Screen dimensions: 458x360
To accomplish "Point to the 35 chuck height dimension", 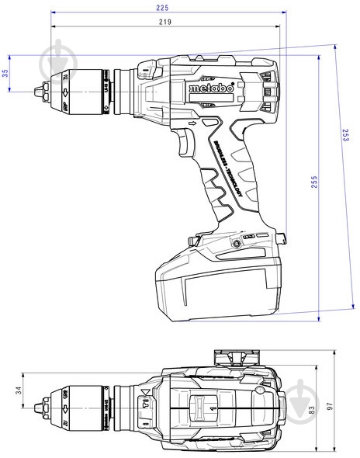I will [5, 73].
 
